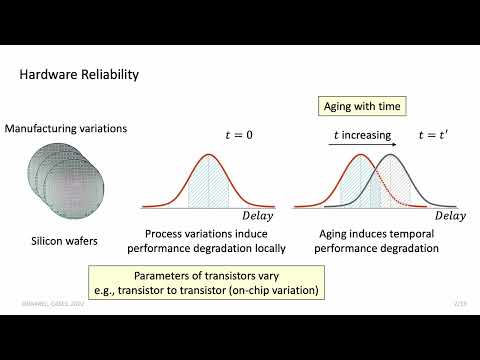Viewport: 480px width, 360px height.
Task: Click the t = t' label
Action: [431, 136]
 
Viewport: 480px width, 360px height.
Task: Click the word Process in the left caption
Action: [155, 234]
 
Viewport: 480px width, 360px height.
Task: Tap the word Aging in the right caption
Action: [322, 234]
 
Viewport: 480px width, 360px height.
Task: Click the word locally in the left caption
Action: [266, 248]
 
